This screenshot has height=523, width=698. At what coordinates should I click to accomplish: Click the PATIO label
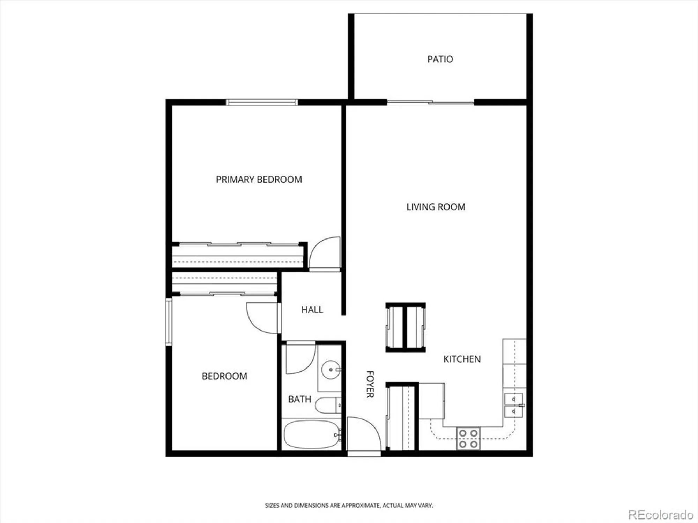440,59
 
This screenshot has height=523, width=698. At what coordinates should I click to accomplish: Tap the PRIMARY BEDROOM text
259,180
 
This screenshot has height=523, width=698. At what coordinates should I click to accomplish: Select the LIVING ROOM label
436,207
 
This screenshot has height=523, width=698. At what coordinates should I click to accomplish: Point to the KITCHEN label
462,359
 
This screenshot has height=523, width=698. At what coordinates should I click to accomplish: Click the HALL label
312,310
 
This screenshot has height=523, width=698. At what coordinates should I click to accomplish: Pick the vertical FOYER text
370,384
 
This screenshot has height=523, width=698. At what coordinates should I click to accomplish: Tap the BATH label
299,399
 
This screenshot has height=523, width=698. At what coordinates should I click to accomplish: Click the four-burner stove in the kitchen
468,438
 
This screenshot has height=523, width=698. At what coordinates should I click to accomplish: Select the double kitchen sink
514,405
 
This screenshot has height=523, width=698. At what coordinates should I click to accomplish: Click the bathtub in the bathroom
311,434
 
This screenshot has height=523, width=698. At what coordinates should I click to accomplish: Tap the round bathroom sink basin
330,370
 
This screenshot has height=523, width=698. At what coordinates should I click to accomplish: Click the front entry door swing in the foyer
363,434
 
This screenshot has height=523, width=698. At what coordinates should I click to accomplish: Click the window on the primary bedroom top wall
262,102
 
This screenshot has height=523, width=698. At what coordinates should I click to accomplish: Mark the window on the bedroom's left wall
169,321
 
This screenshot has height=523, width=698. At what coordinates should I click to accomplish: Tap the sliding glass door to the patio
430,103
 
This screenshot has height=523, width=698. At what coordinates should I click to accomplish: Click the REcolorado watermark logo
661,515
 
